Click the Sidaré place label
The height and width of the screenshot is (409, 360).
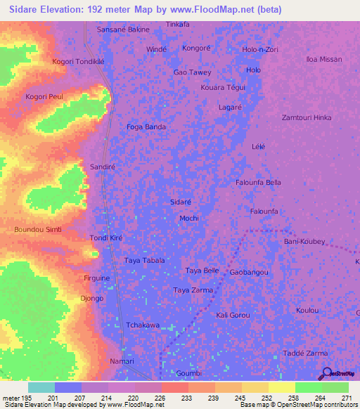tap(181, 202)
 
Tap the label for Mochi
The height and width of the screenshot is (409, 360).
tap(189, 219)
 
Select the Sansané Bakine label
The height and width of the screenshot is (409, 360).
tap(123, 30)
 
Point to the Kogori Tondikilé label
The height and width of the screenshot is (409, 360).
tap(78, 61)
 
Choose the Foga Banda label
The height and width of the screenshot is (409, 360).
tap(146, 126)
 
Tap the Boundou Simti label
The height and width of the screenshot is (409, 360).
tap(38, 230)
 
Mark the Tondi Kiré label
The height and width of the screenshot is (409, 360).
tap(106, 238)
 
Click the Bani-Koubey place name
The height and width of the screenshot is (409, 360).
tap(304, 241)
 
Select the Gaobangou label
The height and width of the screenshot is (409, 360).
tap(249, 272)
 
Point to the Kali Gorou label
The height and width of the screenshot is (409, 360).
tap(233, 315)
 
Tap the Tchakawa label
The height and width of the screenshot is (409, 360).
tap(142, 325)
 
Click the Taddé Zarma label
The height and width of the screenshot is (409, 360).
tap(304, 353)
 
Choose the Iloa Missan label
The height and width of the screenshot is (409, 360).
tap(323, 60)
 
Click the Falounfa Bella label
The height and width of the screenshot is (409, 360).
tap(258, 183)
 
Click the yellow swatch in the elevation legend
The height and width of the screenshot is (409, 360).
tap(281, 387)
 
